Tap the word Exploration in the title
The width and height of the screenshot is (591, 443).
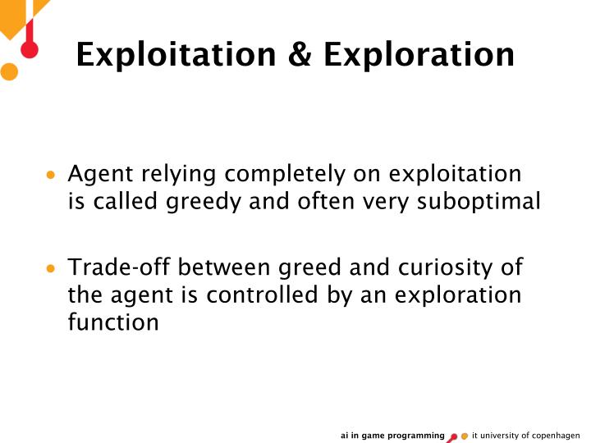click(419, 55)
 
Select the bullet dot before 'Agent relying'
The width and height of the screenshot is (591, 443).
click(52, 175)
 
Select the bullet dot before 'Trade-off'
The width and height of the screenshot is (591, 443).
click(52, 269)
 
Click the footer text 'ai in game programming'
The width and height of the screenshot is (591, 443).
click(392, 435)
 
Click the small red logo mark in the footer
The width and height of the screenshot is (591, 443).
click(452, 436)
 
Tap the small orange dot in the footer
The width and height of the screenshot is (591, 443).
click(465, 436)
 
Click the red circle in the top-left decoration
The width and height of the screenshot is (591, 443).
click(30, 49)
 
